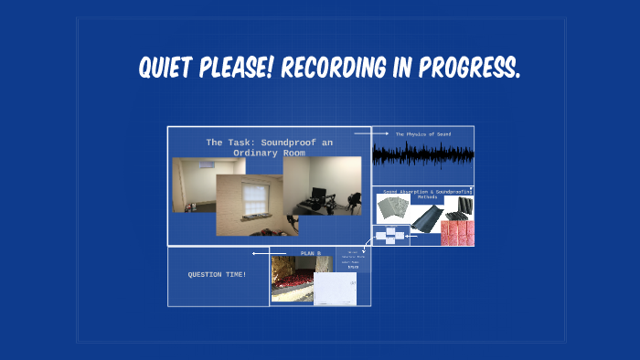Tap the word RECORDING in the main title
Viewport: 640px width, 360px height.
[342, 67]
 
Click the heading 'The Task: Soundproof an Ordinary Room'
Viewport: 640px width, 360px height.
[269, 147]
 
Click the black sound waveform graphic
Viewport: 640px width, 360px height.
[422, 155]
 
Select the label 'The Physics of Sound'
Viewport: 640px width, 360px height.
[422, 134]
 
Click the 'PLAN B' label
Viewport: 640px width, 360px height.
[311, 253]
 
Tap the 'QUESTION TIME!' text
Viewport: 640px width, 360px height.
[217, 274]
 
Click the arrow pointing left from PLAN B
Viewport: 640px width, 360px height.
[260, 253]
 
